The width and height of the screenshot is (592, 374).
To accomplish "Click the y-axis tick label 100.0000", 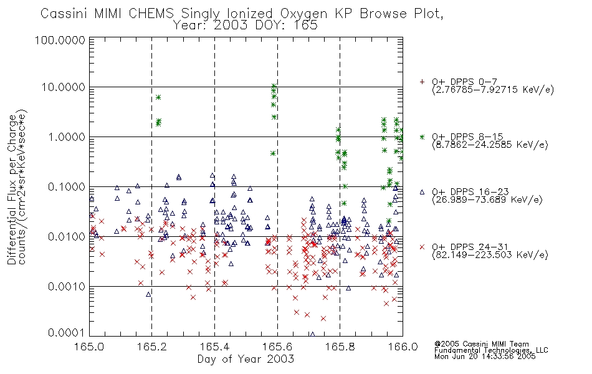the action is [60, 40].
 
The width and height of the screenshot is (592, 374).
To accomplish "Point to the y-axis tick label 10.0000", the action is [63, 87].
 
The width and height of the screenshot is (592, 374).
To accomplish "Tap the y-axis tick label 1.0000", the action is [67, 137].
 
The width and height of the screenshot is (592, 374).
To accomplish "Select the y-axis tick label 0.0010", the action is [67, 286].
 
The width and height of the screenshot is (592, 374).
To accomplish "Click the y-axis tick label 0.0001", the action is [67, 333].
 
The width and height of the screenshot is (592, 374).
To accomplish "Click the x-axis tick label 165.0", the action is [89, 347].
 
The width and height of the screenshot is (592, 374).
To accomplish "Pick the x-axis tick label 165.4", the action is [214, 347].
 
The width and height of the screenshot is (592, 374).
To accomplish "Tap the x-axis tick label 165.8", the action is [340, 347].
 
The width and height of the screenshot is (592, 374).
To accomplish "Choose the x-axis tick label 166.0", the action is [403, 347].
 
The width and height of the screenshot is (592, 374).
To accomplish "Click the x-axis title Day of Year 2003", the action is [246, 359].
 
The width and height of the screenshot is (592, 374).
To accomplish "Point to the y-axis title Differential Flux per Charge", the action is [12, 189].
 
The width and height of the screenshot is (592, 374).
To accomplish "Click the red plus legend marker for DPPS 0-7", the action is [422, 82].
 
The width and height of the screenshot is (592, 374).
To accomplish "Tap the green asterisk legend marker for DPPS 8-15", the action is [422, 137].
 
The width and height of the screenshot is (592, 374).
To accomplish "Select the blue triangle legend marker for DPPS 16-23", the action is [422, 192].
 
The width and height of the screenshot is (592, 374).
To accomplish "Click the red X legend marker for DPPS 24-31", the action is [422, 247].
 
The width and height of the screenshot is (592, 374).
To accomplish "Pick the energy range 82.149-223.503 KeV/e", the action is [490, 255].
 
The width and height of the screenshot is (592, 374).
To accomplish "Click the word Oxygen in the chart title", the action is [304, 14].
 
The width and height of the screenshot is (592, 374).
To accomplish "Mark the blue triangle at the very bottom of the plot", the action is [312, 334].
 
